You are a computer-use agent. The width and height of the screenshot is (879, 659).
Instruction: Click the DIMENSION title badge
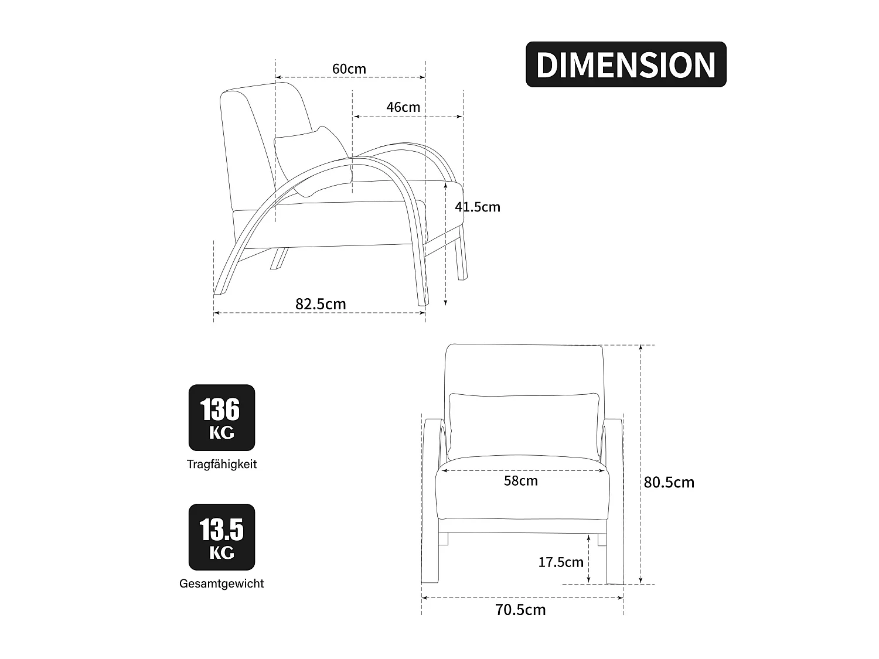(x=626, y=64)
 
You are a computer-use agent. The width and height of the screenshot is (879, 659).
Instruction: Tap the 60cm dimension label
(x=349, y=69)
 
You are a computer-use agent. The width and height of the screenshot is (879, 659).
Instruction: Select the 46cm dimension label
(x=403, y=107)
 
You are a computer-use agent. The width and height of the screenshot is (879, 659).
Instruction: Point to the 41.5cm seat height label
(x=478, y=207)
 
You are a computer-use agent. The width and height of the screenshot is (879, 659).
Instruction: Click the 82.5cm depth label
(x=321, y=304)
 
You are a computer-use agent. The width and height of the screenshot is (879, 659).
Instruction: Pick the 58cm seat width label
(x=520, y=480)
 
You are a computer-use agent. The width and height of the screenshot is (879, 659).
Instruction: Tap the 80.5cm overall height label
(x=669, y=483)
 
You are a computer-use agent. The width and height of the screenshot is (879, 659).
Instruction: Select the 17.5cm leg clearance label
(x=561, y=562)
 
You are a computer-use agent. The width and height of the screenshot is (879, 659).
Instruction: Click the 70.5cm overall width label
(x=520, y=610)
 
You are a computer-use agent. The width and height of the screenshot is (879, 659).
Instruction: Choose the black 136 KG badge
(x=222, y=418)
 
